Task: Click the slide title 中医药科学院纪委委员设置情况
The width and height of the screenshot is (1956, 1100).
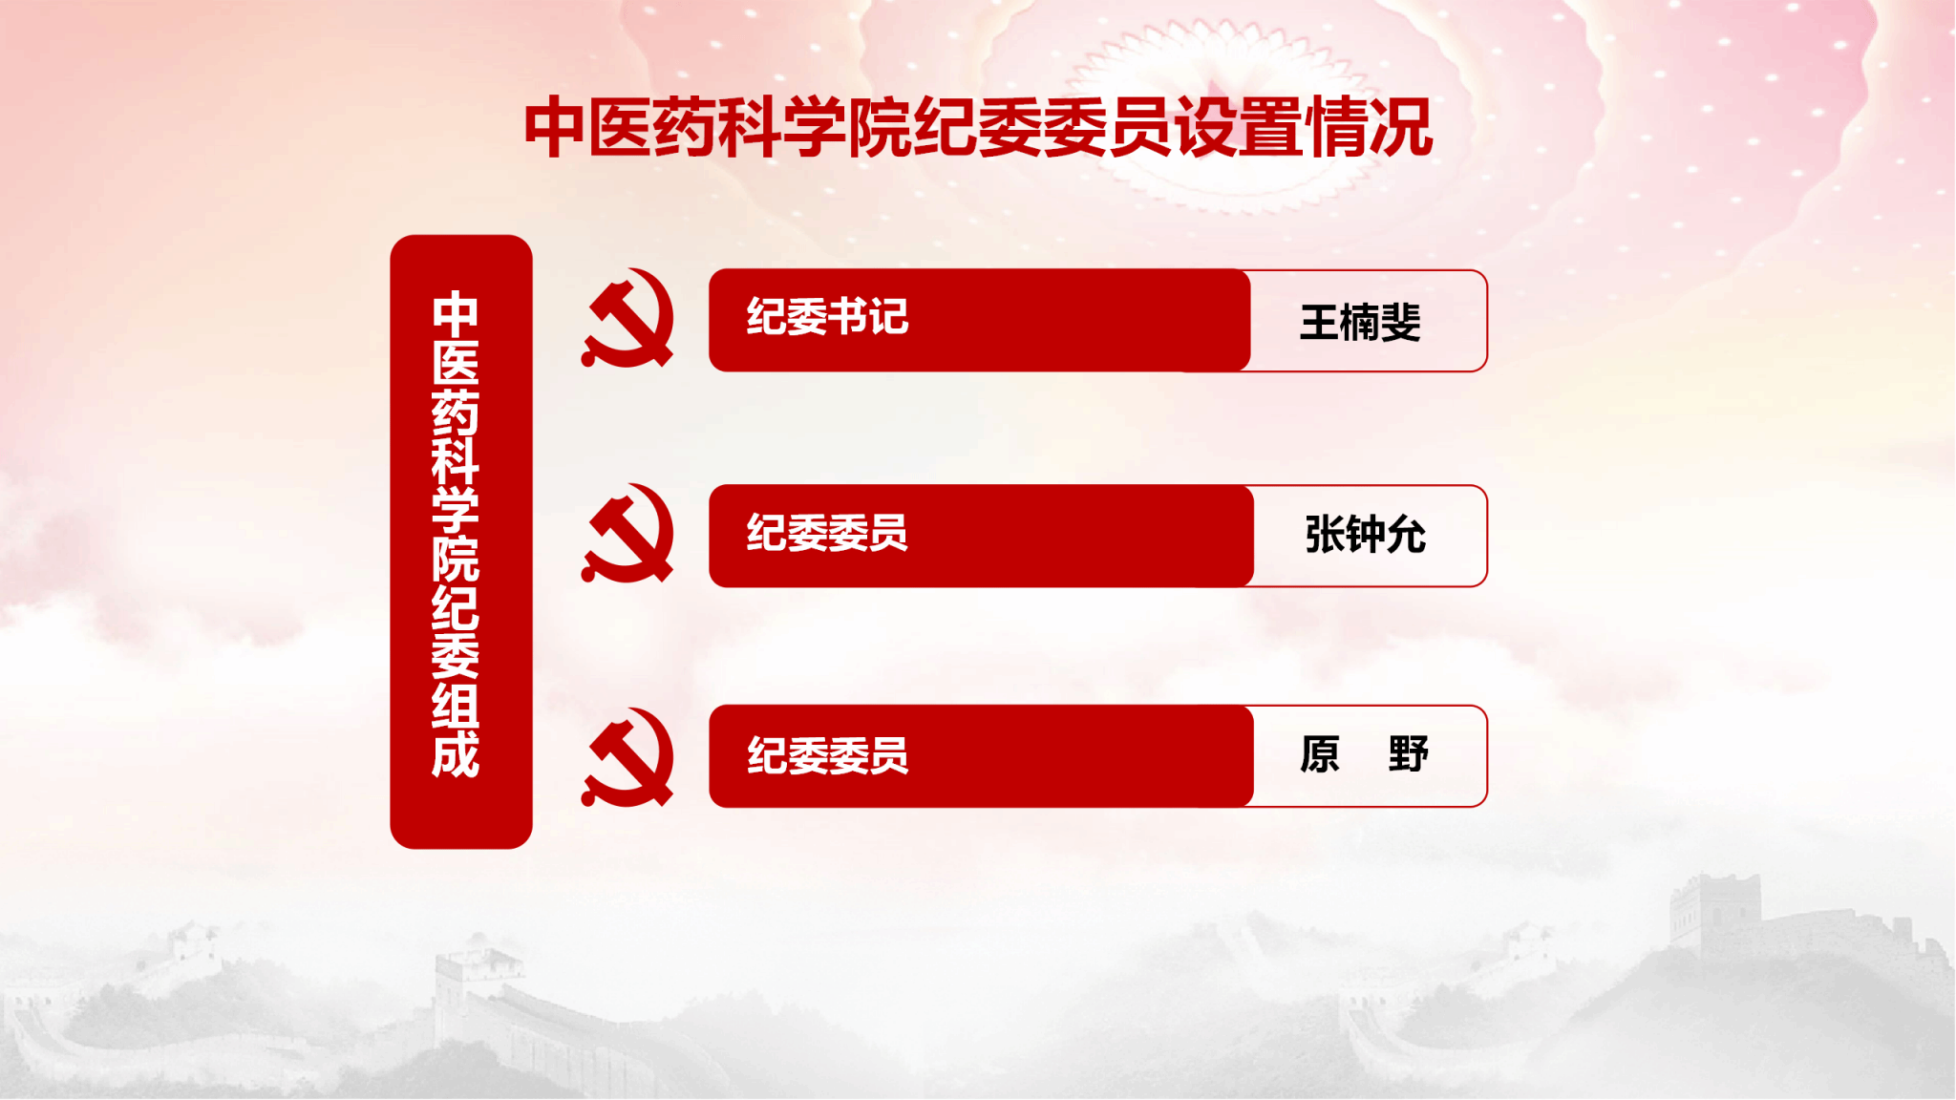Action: (978, 127)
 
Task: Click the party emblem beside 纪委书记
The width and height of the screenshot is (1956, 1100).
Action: (627, 319)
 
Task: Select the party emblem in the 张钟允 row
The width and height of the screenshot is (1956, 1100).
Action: (627, 534)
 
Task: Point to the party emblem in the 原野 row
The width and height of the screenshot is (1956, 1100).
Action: (627, 757)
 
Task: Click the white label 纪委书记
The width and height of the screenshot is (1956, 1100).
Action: (827, 317)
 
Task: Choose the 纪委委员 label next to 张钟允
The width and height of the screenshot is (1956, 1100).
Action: (827, 533)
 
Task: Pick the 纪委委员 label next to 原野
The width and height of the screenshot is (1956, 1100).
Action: (827, 755)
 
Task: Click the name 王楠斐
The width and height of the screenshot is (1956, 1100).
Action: (1360, 322)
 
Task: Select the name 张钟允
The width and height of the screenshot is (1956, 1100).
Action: (1365, 535)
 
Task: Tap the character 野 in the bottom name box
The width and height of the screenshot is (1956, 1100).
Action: (1408, 754)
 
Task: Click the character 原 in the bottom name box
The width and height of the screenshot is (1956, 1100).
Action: (1320, 754)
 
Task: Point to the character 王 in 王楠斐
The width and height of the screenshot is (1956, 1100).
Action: (1320, 322)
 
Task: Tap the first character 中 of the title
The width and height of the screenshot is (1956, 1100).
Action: (554, 127)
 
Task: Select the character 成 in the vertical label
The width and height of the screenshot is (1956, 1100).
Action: (456, 755)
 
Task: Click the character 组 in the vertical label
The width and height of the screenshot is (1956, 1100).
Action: (456, 706)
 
